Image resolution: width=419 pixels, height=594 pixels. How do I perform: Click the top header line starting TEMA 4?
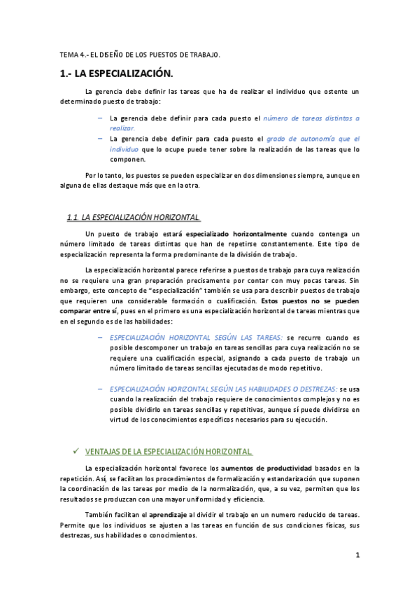pyautogui.click(x=139, y=54)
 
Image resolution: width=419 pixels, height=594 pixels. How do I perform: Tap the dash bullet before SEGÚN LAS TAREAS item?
pyautogui.click(x=101, y=337)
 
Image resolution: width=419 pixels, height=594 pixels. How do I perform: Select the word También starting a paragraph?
pyautogui.click(x=98, y=514)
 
